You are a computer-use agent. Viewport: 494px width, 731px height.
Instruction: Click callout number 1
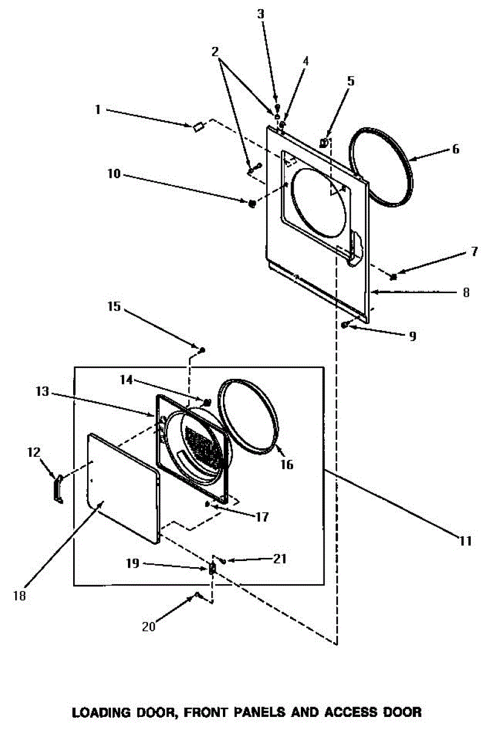click(x=97, y=110)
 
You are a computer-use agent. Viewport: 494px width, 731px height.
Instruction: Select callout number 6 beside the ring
click(x=456, y=149)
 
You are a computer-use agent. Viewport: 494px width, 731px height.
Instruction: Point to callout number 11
click(x=465, y=540)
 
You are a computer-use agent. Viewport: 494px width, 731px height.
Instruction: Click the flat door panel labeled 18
click(x=122, y=481)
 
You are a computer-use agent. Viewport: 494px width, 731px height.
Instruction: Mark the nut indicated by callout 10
click(x=252, y=203)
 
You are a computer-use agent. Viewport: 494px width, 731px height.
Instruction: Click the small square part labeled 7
click(x=394, y=277)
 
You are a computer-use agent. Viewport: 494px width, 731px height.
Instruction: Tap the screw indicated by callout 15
click(x=202, y=350)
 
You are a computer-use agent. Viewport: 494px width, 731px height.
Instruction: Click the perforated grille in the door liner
click(x=206, y=446)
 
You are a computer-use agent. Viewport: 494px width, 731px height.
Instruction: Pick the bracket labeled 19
click(x=212, y=568)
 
